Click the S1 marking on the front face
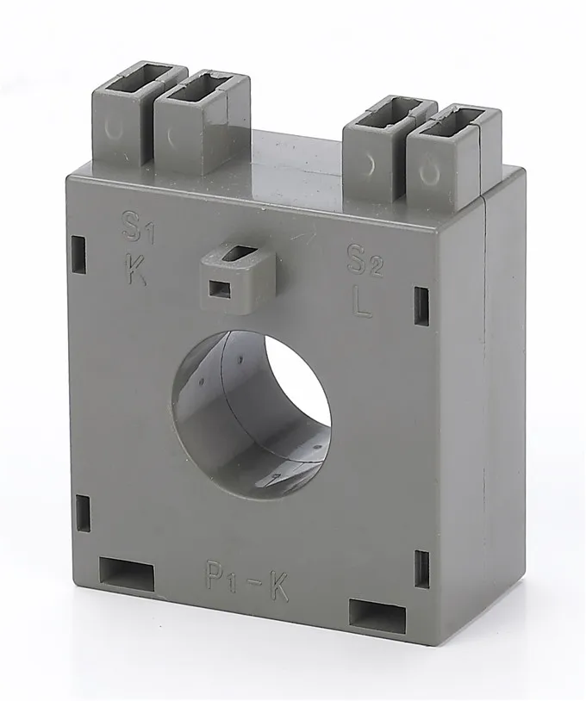click(x=133, y=229)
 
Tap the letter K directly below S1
click(x=135, y=270)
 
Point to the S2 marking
click(x=363, y=259)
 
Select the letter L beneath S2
click(x=364, y=303)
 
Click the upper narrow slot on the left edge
click(x=78, y=255)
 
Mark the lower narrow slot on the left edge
click(x=84, y=514)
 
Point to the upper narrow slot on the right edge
click(x=421, y=306)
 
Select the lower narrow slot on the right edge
click(x=421, y=568)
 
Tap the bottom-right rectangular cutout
click(x=377, y=612)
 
